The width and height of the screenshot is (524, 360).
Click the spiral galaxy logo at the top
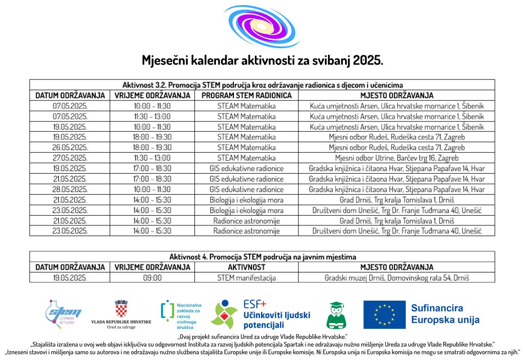point(262,26)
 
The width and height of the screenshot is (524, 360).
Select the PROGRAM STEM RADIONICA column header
point(246,95)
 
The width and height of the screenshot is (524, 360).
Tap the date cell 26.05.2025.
point(70,147)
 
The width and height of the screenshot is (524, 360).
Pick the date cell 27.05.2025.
point(70,158)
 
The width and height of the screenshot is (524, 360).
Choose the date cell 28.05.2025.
point(70,189)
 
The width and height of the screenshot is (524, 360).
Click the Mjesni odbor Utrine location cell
point(397,158)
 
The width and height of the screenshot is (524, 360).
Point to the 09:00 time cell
point(152,278)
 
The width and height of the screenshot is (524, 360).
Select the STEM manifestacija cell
point(246,278)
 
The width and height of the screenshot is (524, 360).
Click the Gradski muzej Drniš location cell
point(397,278)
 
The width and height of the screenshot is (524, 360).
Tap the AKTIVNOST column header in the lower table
point(246,267)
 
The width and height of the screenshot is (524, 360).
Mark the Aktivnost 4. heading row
point(262,257)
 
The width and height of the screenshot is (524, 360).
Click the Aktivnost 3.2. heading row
point(262,85)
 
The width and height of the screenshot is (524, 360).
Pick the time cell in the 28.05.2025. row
point(152,189)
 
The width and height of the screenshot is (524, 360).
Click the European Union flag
point(384,314)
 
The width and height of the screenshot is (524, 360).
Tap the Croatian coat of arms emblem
point(121,309)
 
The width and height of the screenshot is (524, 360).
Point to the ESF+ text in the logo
point(255,303)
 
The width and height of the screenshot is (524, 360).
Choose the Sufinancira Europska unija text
point(445,314)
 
